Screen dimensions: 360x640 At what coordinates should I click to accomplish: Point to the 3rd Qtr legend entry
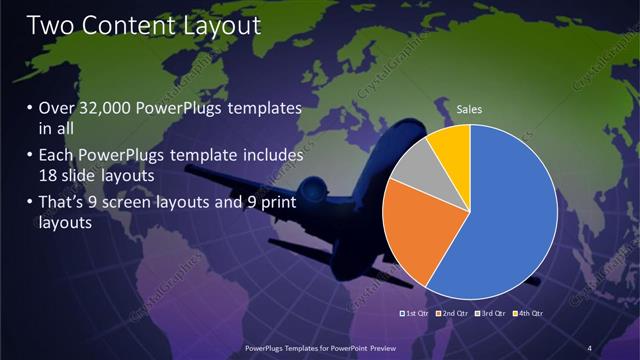[491, 314]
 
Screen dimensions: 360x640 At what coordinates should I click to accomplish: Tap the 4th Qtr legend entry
[529, 314]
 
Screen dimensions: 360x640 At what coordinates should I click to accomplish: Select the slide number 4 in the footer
[589, 347]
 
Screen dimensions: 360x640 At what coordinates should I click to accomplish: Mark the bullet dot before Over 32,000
[30, 109]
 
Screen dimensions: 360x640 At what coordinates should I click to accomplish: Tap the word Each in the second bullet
[59, 156]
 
